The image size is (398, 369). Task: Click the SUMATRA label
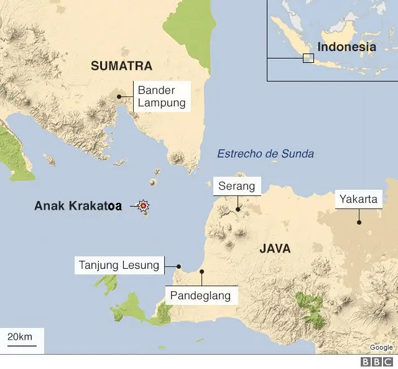pyautogui.click(x=122, y=65)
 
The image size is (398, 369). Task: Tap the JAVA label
pyautogui.click(x=275, y=248)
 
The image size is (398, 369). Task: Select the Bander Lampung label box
pyautogui.click(x=162, y=97)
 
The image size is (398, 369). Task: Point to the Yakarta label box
pyautogui.click(x=359, y=199)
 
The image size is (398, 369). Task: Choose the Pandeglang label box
pyautogui.click(x=201, y=295)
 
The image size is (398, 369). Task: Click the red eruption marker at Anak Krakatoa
pyautogui.click(x=144, y=205)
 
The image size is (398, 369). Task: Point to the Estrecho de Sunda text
pyautogui.click(x=266, y=154)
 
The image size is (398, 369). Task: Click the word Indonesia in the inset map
pyautogui.click(x=346, y=47)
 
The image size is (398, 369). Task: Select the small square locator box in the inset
pyautogui.click(x=308, y=58)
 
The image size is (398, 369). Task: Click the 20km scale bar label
pyautogui.click(x=19, y=337)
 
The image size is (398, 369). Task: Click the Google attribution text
pyautogui.click(x=381, y=347)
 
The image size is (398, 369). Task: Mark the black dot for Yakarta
pyautogui.click(x=359, y=222)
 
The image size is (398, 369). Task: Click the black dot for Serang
pyautogui.click(x=236, y=210)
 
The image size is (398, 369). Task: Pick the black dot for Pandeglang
pyautogui.click(x=201, y=271)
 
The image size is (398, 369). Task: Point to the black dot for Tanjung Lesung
pyautogui.click(x=178, y=266)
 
